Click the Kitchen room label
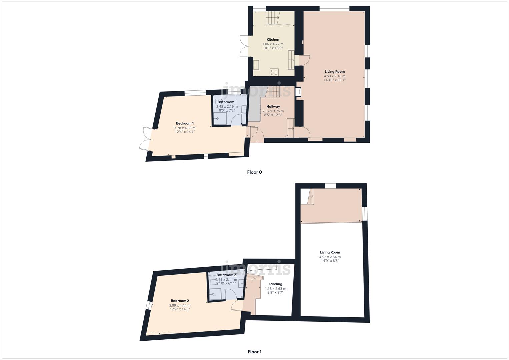(x=273, y=40)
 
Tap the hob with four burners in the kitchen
(x=274, y=72)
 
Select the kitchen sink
(x=256, y=65)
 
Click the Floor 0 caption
(x=254, y=172)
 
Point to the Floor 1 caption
(x=254, y=352)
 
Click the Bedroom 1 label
(x=185, y=123)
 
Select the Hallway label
(x=273, y=107)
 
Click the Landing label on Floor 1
(x=275, y=284)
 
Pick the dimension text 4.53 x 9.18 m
(x=335, y=76)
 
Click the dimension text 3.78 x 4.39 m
(x=185, y=128)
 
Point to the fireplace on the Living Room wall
(x=298, y=92)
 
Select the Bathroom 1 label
(x=227, y=102)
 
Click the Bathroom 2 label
(x=226, y=275)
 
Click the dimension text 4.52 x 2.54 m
(x=330, y=257)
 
